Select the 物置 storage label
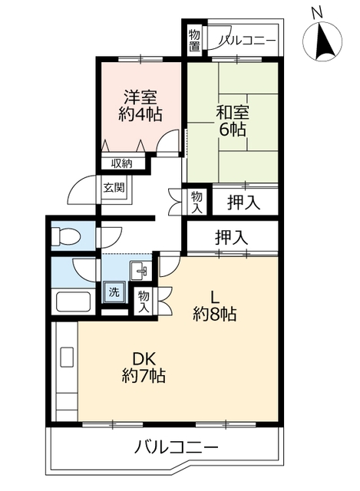[x=196, y=41]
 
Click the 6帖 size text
[x=231, y=130]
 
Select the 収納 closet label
[x=121, y=163]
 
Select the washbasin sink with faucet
[x=140, y=270]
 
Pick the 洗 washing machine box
[x=114, y=292]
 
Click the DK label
[x=143, y=358]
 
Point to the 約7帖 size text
[x=143, y=377]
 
